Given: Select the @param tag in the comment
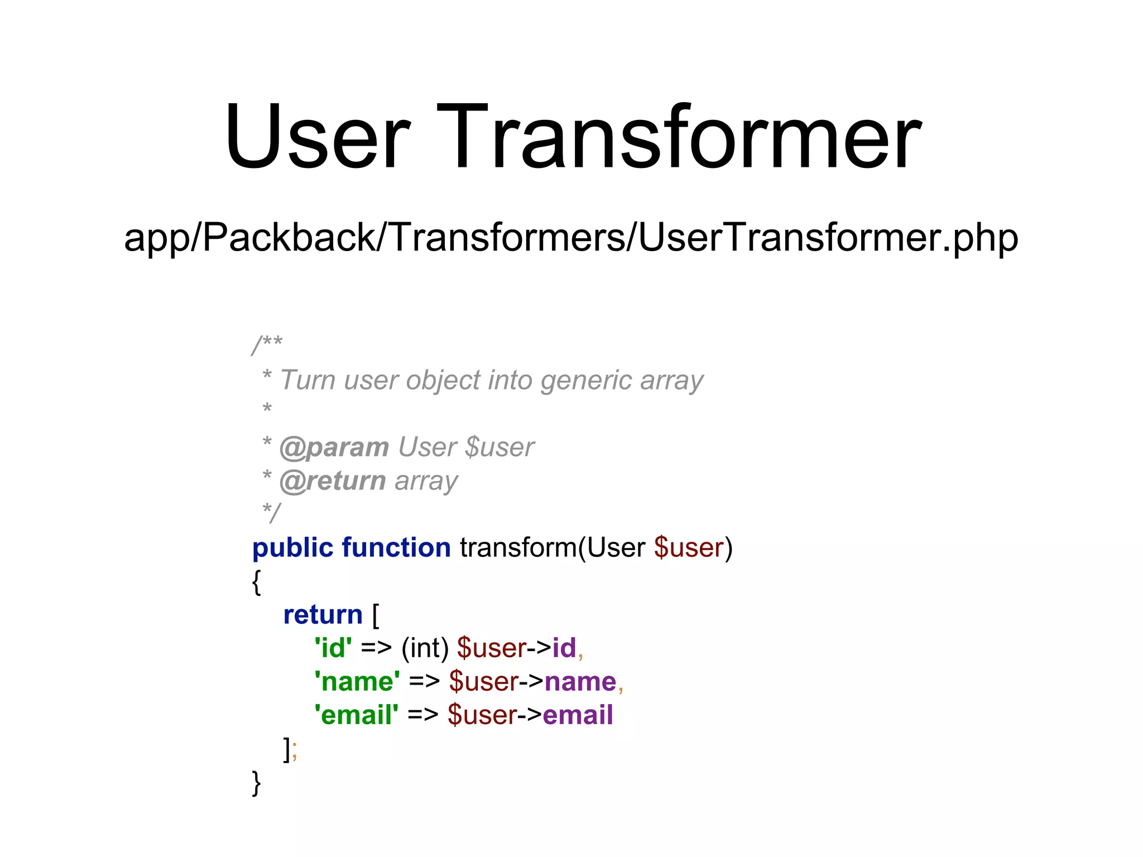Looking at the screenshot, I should (x=334, y=447).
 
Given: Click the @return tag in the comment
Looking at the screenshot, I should (x=332, y=481).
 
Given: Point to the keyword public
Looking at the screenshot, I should (x=292, y=548).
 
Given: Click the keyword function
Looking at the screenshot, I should (x=396, y=548).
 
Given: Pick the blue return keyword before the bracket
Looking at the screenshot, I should (x=323, y=615).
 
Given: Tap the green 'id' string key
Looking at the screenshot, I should (x=333, y=648).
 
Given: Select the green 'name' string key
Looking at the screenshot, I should (x=357, y=682).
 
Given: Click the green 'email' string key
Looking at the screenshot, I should (x=356, y=715).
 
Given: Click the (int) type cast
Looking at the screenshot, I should (x=425, y=648).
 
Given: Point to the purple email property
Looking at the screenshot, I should (x=578, y=715).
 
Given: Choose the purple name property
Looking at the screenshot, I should (x=580, y=682).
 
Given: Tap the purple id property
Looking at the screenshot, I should (x=564, y=648).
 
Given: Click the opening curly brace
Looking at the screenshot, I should (x=256, y=582).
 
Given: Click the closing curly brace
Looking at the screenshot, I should (x=256, y=783).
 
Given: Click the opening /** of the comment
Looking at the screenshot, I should (x=267, y=344).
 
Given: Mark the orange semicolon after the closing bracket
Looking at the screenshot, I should (x=295, y=751).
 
